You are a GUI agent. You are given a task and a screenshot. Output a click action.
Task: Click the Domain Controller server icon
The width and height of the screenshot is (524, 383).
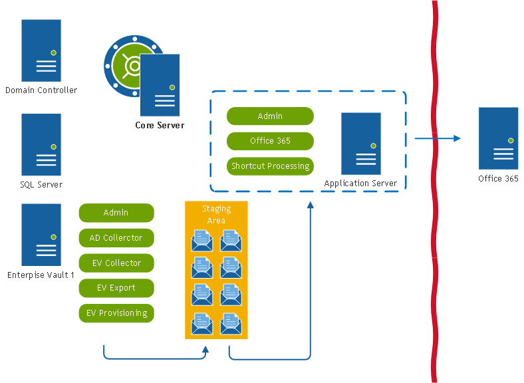(x=41, y=51)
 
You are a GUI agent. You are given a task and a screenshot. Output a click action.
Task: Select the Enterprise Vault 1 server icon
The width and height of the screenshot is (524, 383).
(x=41, y=235)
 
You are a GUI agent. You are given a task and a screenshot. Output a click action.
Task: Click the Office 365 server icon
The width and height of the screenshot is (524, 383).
(x=499, y=138)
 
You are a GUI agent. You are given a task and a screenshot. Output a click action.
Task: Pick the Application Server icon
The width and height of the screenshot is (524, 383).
(x=361, y=144)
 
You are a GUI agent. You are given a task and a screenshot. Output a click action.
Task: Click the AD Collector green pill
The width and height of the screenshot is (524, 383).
(x=116, y=238)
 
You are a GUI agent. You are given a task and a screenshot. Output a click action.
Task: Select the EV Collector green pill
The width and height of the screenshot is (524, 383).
(x=116, y=263)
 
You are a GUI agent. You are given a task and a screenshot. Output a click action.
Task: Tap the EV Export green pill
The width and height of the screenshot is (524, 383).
(x=116, y=288)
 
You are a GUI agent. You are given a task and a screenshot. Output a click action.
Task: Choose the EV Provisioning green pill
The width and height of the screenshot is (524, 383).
(x=116, y=313)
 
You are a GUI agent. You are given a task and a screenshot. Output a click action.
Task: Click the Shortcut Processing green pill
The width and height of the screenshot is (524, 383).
(x=270, y=166)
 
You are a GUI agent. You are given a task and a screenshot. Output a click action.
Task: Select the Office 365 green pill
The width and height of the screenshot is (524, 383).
(x=270, y=141)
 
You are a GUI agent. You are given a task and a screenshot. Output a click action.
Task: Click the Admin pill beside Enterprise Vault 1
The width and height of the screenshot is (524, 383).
(x=116, y=213)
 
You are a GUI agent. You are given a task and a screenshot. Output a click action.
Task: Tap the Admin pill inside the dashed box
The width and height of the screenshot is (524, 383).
(x=270, y=116)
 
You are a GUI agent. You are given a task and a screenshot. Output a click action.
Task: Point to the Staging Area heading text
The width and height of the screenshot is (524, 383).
(x=216, y=214)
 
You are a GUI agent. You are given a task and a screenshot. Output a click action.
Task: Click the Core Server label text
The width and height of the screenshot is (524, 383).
(x=160, y=125)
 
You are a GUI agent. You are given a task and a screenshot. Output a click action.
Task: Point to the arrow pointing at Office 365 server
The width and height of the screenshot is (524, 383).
(x=438, y=138)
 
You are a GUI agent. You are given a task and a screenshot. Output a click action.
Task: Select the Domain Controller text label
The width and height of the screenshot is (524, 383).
(x=41, y=90)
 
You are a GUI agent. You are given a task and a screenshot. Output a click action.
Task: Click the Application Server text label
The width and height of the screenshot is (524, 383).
(x=360, y=184)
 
